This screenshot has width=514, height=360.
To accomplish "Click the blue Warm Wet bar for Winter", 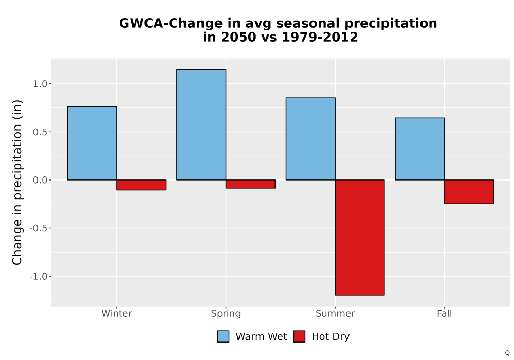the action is tap(92, 143).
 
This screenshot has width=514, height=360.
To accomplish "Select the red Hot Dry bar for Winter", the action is tap(141, 185).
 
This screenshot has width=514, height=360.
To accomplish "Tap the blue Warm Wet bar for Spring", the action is tap(201, 125).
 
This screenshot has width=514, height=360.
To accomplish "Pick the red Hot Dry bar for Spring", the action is tap(250, 184).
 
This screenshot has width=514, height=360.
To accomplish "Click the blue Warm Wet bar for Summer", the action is tap(310, 139).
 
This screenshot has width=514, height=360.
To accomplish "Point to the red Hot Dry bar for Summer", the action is tap(360, 238).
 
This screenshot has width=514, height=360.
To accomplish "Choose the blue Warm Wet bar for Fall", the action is tap(420, 149).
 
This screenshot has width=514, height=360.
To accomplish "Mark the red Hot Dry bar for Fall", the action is tap(469, 192).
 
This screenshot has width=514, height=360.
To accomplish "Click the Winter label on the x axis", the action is tap(117, 313).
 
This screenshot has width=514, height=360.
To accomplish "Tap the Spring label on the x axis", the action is tap(226, 314).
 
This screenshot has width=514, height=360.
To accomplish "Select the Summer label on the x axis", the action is tap(335, 313).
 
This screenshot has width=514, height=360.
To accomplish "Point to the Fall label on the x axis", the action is tap(445, 313).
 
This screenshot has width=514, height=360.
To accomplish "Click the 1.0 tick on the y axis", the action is tap(40, 84).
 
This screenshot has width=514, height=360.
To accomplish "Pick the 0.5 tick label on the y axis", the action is tap(40, 132).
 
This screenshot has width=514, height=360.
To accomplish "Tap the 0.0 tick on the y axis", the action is tap(40, 180).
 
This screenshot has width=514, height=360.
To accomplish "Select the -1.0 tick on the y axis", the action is tap(39, 276).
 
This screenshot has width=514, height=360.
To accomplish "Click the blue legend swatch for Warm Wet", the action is tap(223, 336).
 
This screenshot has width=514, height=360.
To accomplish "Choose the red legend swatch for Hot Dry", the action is tap(299, 336).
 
